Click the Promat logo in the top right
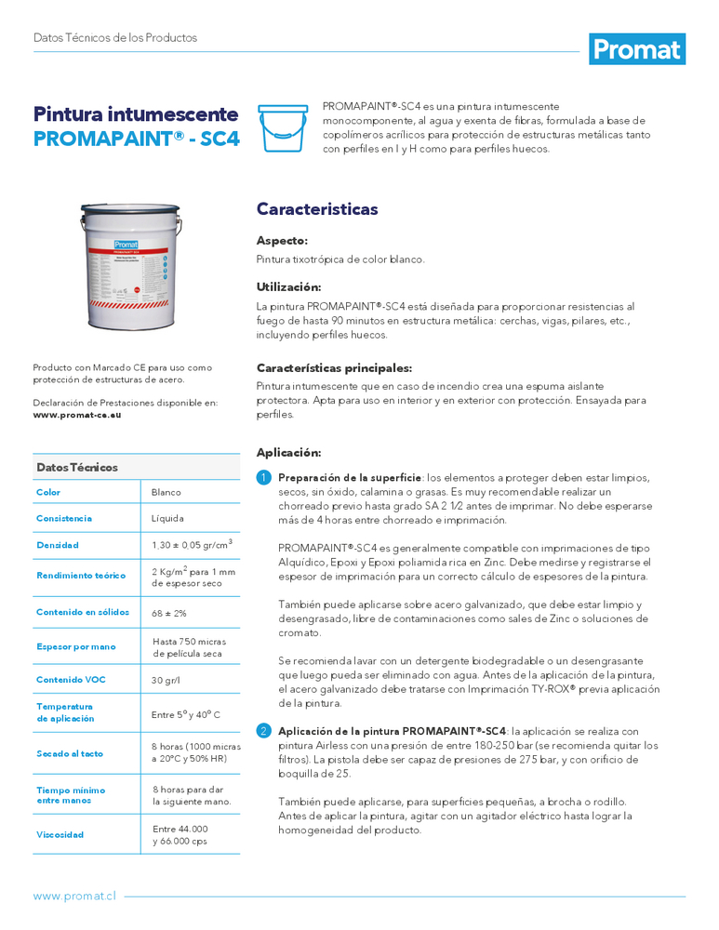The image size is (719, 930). tap(637, 48)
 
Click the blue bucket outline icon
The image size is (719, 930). tap(285, 128)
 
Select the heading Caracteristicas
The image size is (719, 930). tap(317, 209)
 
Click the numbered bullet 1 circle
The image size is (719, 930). tap(263, 478)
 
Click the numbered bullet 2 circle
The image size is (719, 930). tap(263, 731)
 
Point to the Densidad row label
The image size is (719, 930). tap(58, 545)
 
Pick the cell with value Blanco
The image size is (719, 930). tap(166, 492)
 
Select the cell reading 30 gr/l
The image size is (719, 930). tap(166, 680)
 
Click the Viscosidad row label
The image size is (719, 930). tap(60, 834)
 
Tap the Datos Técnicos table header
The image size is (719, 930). tap(77, 467)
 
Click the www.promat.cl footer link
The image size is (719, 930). tap(74, 896)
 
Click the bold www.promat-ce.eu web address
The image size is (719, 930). tap(77, 415)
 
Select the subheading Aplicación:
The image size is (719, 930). tap(288, 453)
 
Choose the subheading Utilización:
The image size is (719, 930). tap(289, 286)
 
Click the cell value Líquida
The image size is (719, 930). tap(168, 518)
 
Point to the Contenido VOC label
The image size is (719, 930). tap(71, 680)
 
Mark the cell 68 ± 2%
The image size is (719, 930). tap(170, 612)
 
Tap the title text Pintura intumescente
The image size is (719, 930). tap(136, 114)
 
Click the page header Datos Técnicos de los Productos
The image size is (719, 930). tap(115, 38)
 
